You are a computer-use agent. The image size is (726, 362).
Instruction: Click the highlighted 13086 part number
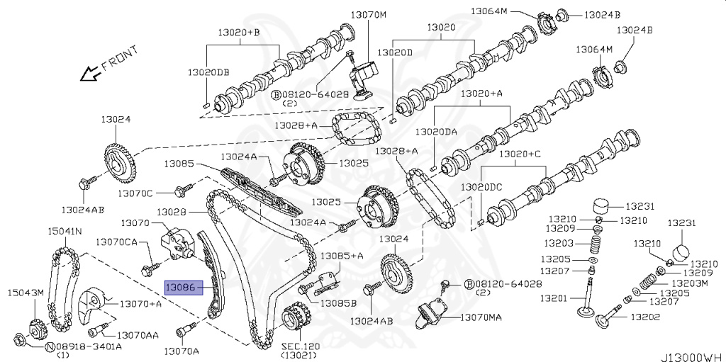click(x=181, y=288)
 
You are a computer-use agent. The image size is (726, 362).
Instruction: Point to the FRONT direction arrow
click(x=91, y=72)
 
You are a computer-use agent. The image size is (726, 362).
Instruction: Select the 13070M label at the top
click(x=369, y=14)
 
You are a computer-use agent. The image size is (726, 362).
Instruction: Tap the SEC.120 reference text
click(x=300, y=346)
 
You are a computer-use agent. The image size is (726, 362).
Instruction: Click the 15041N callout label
click(x=65, y=231)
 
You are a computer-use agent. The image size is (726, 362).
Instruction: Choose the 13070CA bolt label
click(x=116, y=242)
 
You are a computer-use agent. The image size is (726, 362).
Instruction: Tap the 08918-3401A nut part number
click(x=89, y=346)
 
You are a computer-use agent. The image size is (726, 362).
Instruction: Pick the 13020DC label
click(x=481, y=186)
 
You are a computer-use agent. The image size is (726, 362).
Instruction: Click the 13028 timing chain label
click(x=171, y=211)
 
